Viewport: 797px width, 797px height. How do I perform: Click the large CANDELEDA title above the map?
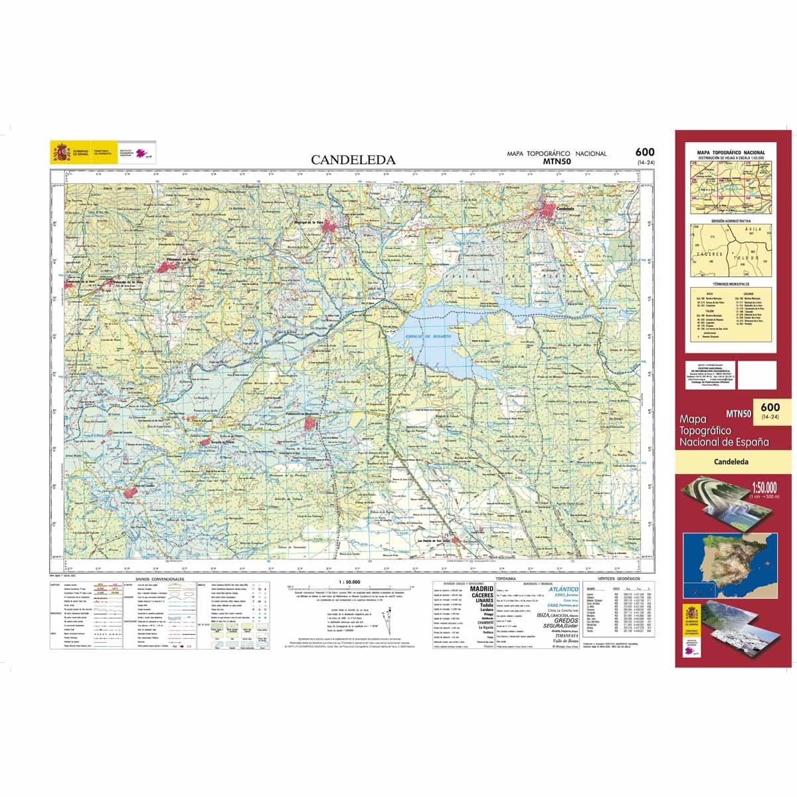(354, 160)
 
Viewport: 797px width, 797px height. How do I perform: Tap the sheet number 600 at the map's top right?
(644, 152)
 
